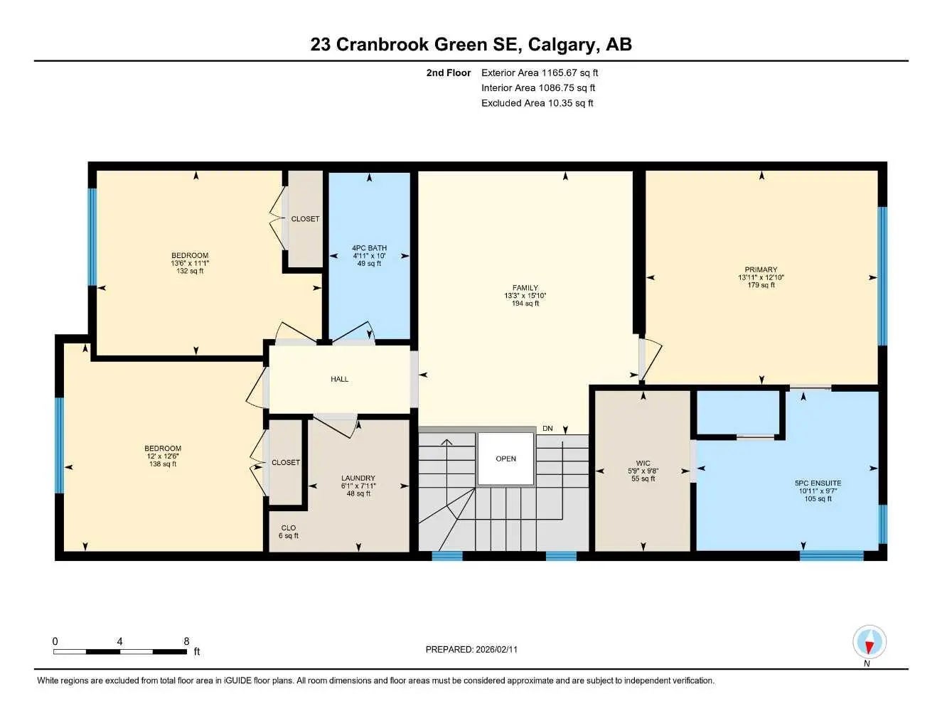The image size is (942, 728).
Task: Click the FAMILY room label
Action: (x=525, y=288)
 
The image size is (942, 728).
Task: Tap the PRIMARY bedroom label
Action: (x=761, y=269)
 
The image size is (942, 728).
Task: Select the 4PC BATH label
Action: (x=369, y=248)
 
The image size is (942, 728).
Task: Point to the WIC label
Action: (x=643, y=463)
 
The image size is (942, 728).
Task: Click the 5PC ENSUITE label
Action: (x=818, y=483)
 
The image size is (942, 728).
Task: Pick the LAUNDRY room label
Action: (x=358, y=478)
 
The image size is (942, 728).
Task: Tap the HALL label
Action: (x=339, y=379)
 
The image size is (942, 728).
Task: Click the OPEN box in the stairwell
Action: (x=505, y=459)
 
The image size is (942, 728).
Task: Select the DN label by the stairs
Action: (x=547, y=428)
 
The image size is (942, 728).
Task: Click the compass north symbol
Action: (x=869, y=644)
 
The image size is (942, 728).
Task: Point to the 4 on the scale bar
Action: (x=119, y=641)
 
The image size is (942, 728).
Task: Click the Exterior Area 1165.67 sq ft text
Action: (x=540, y=73)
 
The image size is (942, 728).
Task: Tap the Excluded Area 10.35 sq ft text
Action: (x=537, y=103)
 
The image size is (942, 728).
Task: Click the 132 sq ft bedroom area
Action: (x=190, y=271)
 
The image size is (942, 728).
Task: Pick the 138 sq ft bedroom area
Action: (x=163, y=464)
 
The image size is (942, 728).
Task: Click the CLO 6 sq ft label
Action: (x=288, y=532)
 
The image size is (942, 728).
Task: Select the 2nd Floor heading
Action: (x=448, y=73)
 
